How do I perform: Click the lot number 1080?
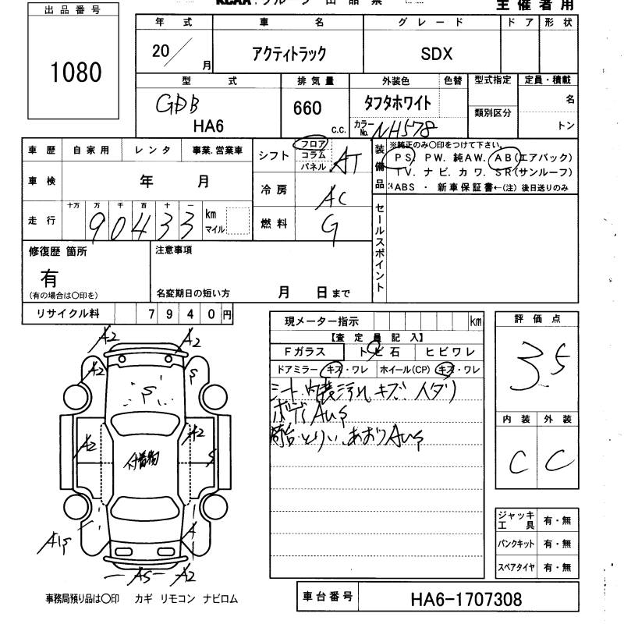point(76,72)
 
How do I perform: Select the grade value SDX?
point(436,54)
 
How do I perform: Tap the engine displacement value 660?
point(307,108)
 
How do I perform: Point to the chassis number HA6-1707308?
point(466,600)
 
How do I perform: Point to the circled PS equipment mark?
point(403,157)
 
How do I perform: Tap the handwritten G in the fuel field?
point(331,226)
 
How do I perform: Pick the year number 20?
point(163,52)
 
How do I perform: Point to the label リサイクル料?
point(68,314)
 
